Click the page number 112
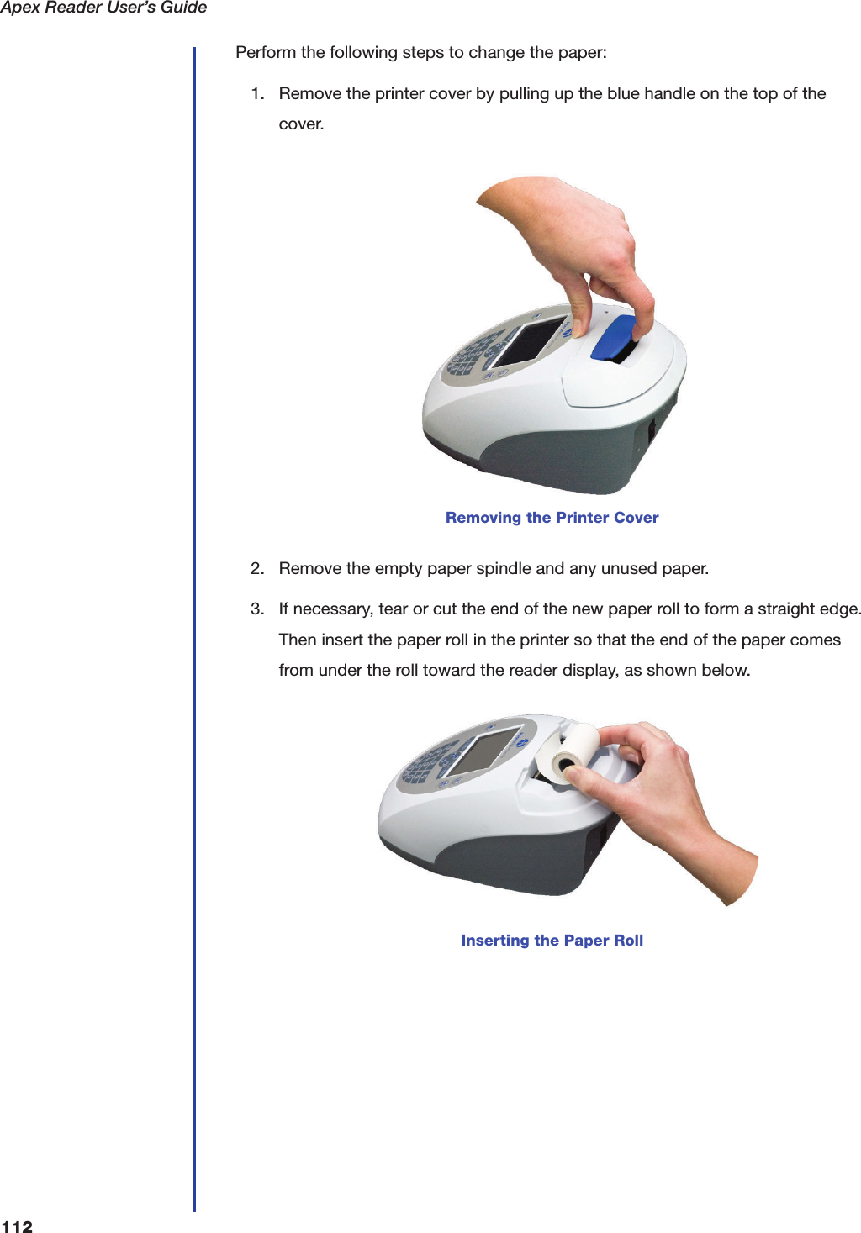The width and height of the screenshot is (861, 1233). click(17, 1226)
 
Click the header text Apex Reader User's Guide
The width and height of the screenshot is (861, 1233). click(103, 8)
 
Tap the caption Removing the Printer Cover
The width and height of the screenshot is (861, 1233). click(552, 518)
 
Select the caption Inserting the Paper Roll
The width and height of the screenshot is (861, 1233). click(552, 941)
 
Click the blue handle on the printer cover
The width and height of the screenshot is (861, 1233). click(613, 338)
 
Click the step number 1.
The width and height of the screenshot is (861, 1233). click(257, 93)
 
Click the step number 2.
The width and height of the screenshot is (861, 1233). click(257, 568)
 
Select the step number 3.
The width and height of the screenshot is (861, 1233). click(257, 609)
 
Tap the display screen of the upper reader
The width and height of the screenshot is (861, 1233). click(531, 340)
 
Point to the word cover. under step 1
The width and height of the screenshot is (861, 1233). click(301, 124)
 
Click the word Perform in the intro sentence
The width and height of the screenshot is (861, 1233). click(266, 52)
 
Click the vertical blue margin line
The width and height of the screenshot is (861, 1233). click(194, 630)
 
